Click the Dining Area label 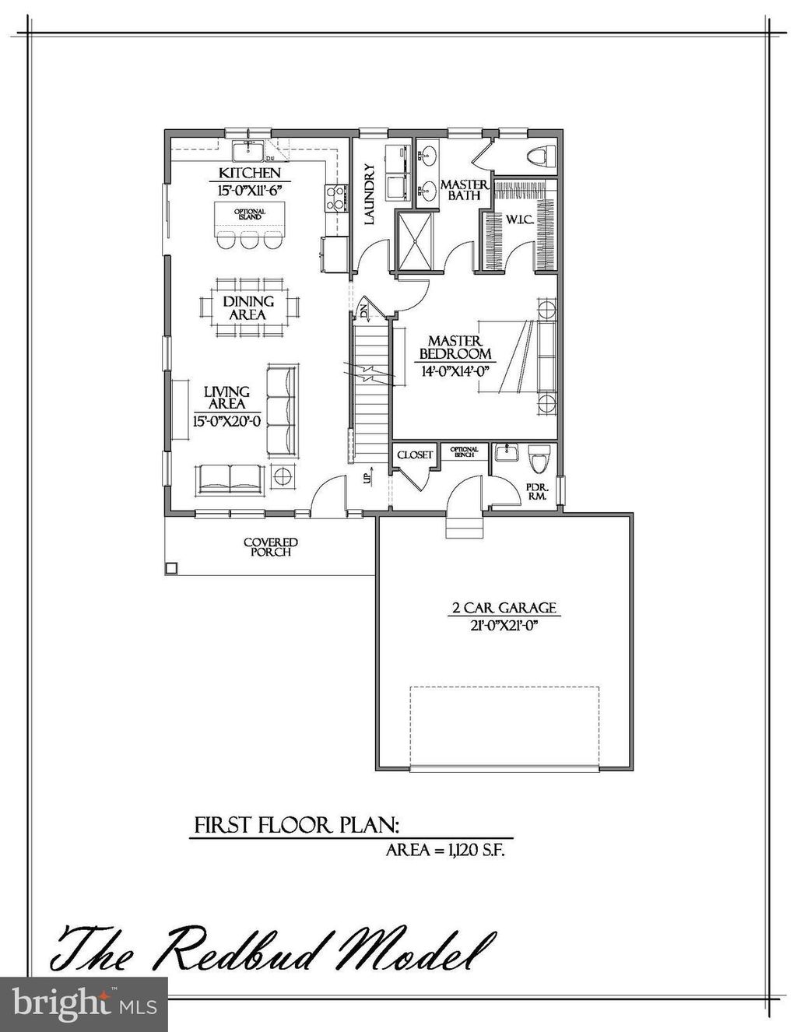(x=248, y=308)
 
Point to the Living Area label (x=226, y=398)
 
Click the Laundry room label (x=370, y=194)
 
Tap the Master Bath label (x=464, y=190)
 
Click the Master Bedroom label (x=455, y=348)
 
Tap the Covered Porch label (x=270, y=547)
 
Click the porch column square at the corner (x=170, y=569)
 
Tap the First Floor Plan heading (x=297, y=825)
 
